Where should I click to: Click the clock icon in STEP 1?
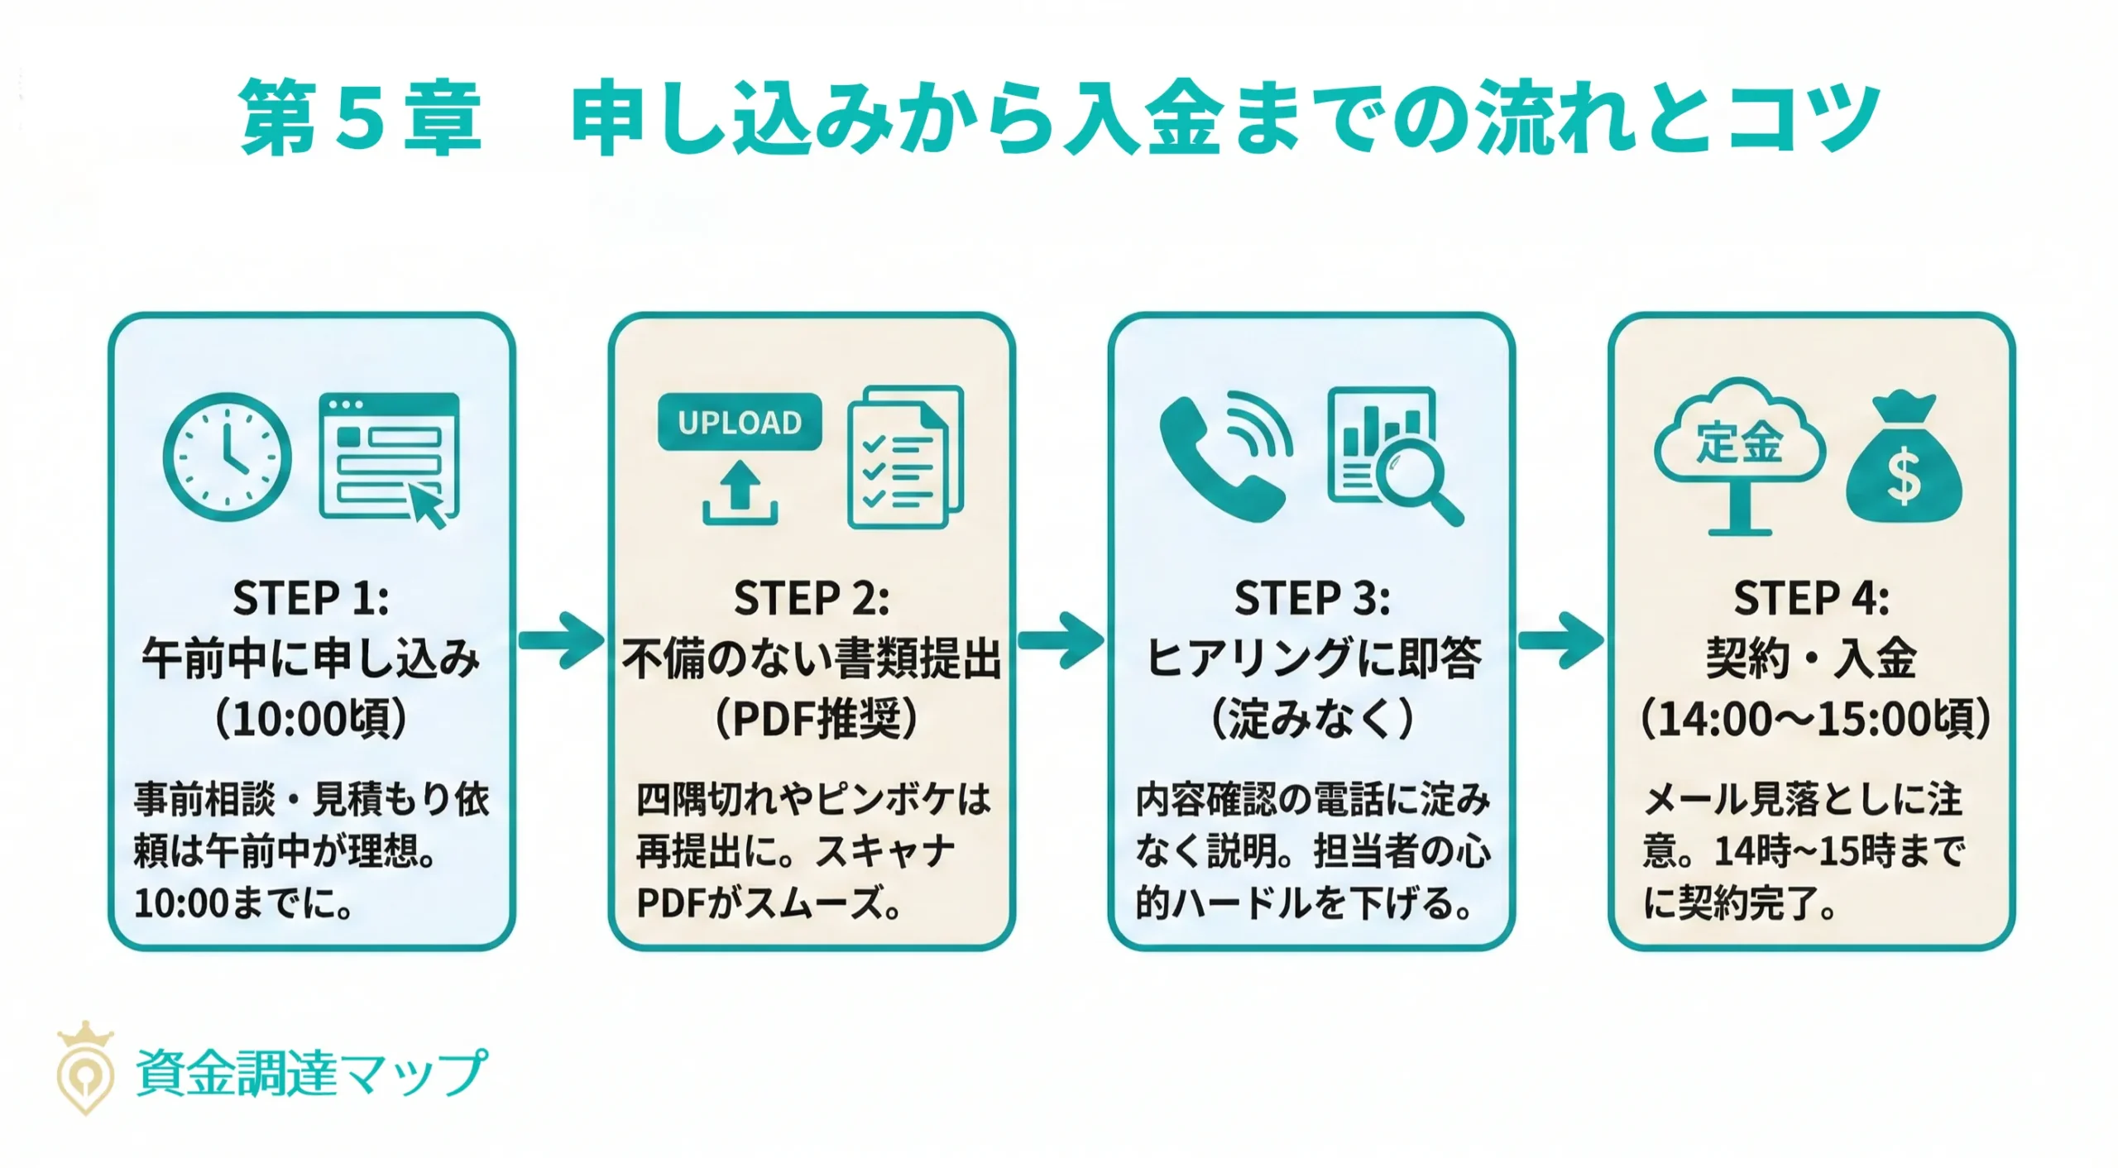(228, 457)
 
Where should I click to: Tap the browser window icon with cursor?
(389, 457)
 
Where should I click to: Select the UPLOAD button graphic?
(740, 422)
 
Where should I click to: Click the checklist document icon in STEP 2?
(905, 457)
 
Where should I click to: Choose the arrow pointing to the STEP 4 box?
(1561, 640)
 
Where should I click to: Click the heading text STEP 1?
(311, 598)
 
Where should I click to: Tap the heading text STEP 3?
(1312, 598)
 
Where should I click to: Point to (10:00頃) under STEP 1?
(311, 718)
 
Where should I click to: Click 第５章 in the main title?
(361, 118)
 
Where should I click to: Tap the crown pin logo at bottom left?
(85, 1070)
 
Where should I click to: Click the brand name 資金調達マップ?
(311, 1073)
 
